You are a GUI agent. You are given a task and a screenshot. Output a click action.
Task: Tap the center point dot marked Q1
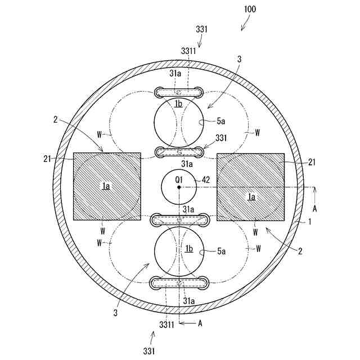pos(179,187)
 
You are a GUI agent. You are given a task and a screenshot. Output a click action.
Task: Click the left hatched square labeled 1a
pos(107,186)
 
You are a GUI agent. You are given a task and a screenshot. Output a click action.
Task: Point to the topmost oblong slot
pos(179,92)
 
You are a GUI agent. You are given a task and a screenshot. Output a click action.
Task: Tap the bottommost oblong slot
pos(179,282)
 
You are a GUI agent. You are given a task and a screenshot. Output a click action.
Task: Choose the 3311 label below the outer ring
pos(165,324)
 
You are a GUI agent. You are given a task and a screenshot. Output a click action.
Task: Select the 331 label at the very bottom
pos(149,350)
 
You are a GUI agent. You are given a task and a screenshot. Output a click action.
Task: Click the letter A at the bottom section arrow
pos(201,323)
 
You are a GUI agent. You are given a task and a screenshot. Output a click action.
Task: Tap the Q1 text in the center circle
pos(179,179)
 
